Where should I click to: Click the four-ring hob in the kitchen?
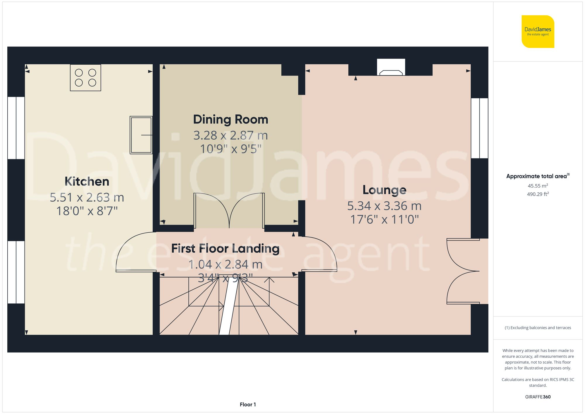[85, 78]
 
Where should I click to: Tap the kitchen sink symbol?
[141, 135]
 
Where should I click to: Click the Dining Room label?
[230, 119]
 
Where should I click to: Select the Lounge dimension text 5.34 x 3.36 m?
[384, 206]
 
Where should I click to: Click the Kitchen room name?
[87, 181]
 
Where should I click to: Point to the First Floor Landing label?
[225, 248]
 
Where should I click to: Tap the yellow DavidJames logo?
[538, 32]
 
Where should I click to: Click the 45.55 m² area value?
[538, 186]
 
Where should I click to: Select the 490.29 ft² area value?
[538, 194]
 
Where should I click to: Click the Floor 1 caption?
[247, 404]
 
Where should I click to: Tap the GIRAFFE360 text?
[538, 397]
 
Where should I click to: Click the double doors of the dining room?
[229, 211]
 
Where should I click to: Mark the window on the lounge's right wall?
[479, 128]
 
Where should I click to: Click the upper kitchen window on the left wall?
[16, 128]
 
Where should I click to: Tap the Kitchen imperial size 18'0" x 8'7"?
[87, 211]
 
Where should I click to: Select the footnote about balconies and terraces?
[538, 328]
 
